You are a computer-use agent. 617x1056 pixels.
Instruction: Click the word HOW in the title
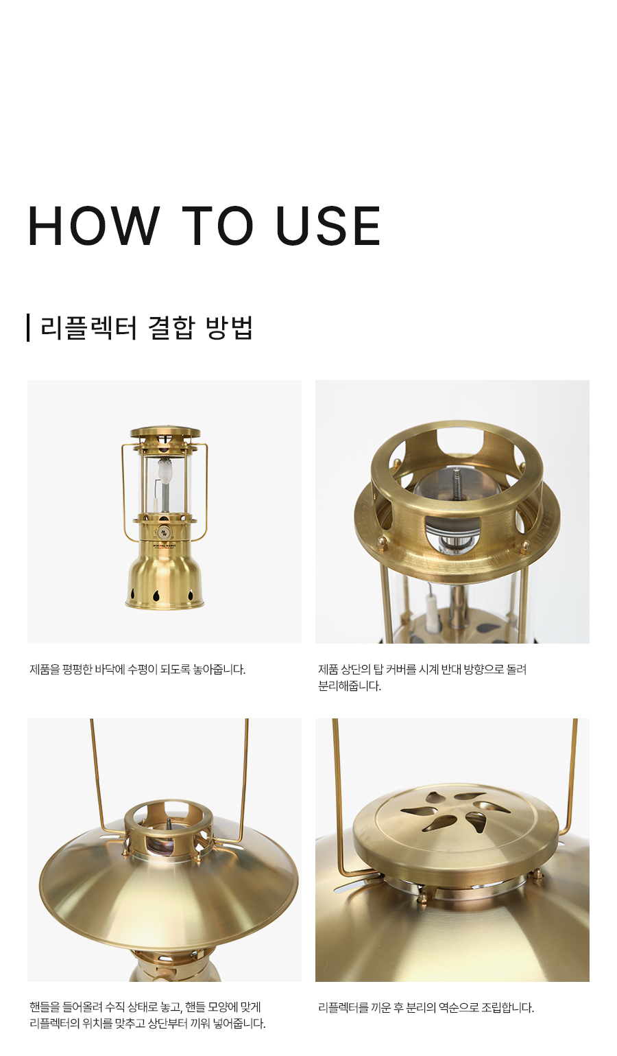[x=93, y=226]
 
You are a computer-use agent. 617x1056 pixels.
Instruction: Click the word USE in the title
[x=328, y=226]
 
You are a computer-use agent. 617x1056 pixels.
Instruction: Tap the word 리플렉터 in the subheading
[x=88, y=328]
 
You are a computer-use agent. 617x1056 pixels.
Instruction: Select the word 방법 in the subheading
[x=230, y=328]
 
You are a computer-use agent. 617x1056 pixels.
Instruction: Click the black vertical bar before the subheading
[x=28, y=328]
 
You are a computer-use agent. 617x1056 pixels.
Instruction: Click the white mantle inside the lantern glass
[x=165, y=469]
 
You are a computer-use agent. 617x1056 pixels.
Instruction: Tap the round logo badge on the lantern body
[x=164, y=531]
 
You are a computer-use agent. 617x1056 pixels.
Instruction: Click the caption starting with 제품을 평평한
[x=138, y=670]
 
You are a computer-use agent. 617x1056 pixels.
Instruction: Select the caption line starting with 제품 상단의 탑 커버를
[x=422, y=670]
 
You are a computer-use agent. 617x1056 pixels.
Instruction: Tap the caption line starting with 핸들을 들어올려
[x=145, y=1007]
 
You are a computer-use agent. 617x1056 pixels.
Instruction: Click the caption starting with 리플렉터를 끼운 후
[x=426, y=1008]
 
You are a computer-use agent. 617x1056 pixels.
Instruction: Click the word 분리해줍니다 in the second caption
[x=350, y=686]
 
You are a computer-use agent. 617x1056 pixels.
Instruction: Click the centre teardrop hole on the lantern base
[x=156, y=595]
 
